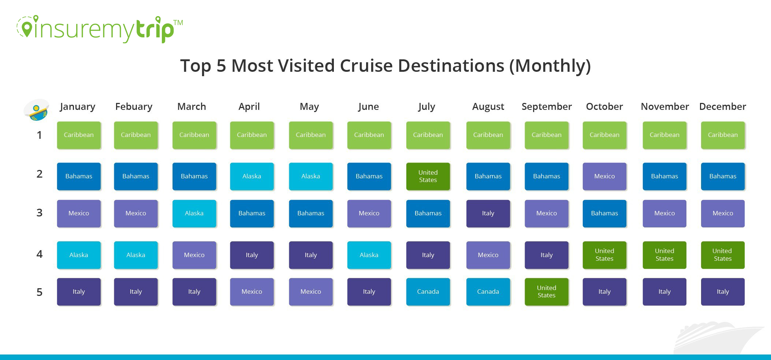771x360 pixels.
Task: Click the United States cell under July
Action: (x=428, y=176)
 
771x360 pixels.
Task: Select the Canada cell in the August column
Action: (x=488, y=292)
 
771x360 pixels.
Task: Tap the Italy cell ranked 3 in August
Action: (x=488, y=213)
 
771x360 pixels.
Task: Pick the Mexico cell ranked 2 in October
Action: (x=604, y=176)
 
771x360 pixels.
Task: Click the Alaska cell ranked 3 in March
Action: (x=194, y=213)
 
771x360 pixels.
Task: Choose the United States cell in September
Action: (x=546, y=292)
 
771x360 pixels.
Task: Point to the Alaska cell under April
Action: (x=252, y=176)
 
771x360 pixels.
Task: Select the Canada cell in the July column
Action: (x=428, y=292)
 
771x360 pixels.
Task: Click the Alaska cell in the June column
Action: (x=369, y=255)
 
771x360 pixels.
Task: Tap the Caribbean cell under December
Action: (x=722, y=135)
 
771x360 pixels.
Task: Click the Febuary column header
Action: (x=134, y=107)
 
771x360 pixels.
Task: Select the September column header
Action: (x=546, y=107)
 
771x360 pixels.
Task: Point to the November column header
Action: (x=664, y=107)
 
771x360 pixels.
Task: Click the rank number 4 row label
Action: (x=40, y=254)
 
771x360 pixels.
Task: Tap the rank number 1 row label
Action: (x=40, y=135)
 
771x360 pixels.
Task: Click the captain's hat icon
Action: (x=36, y=109)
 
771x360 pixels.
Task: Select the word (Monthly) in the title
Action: (x=550, y=66)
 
